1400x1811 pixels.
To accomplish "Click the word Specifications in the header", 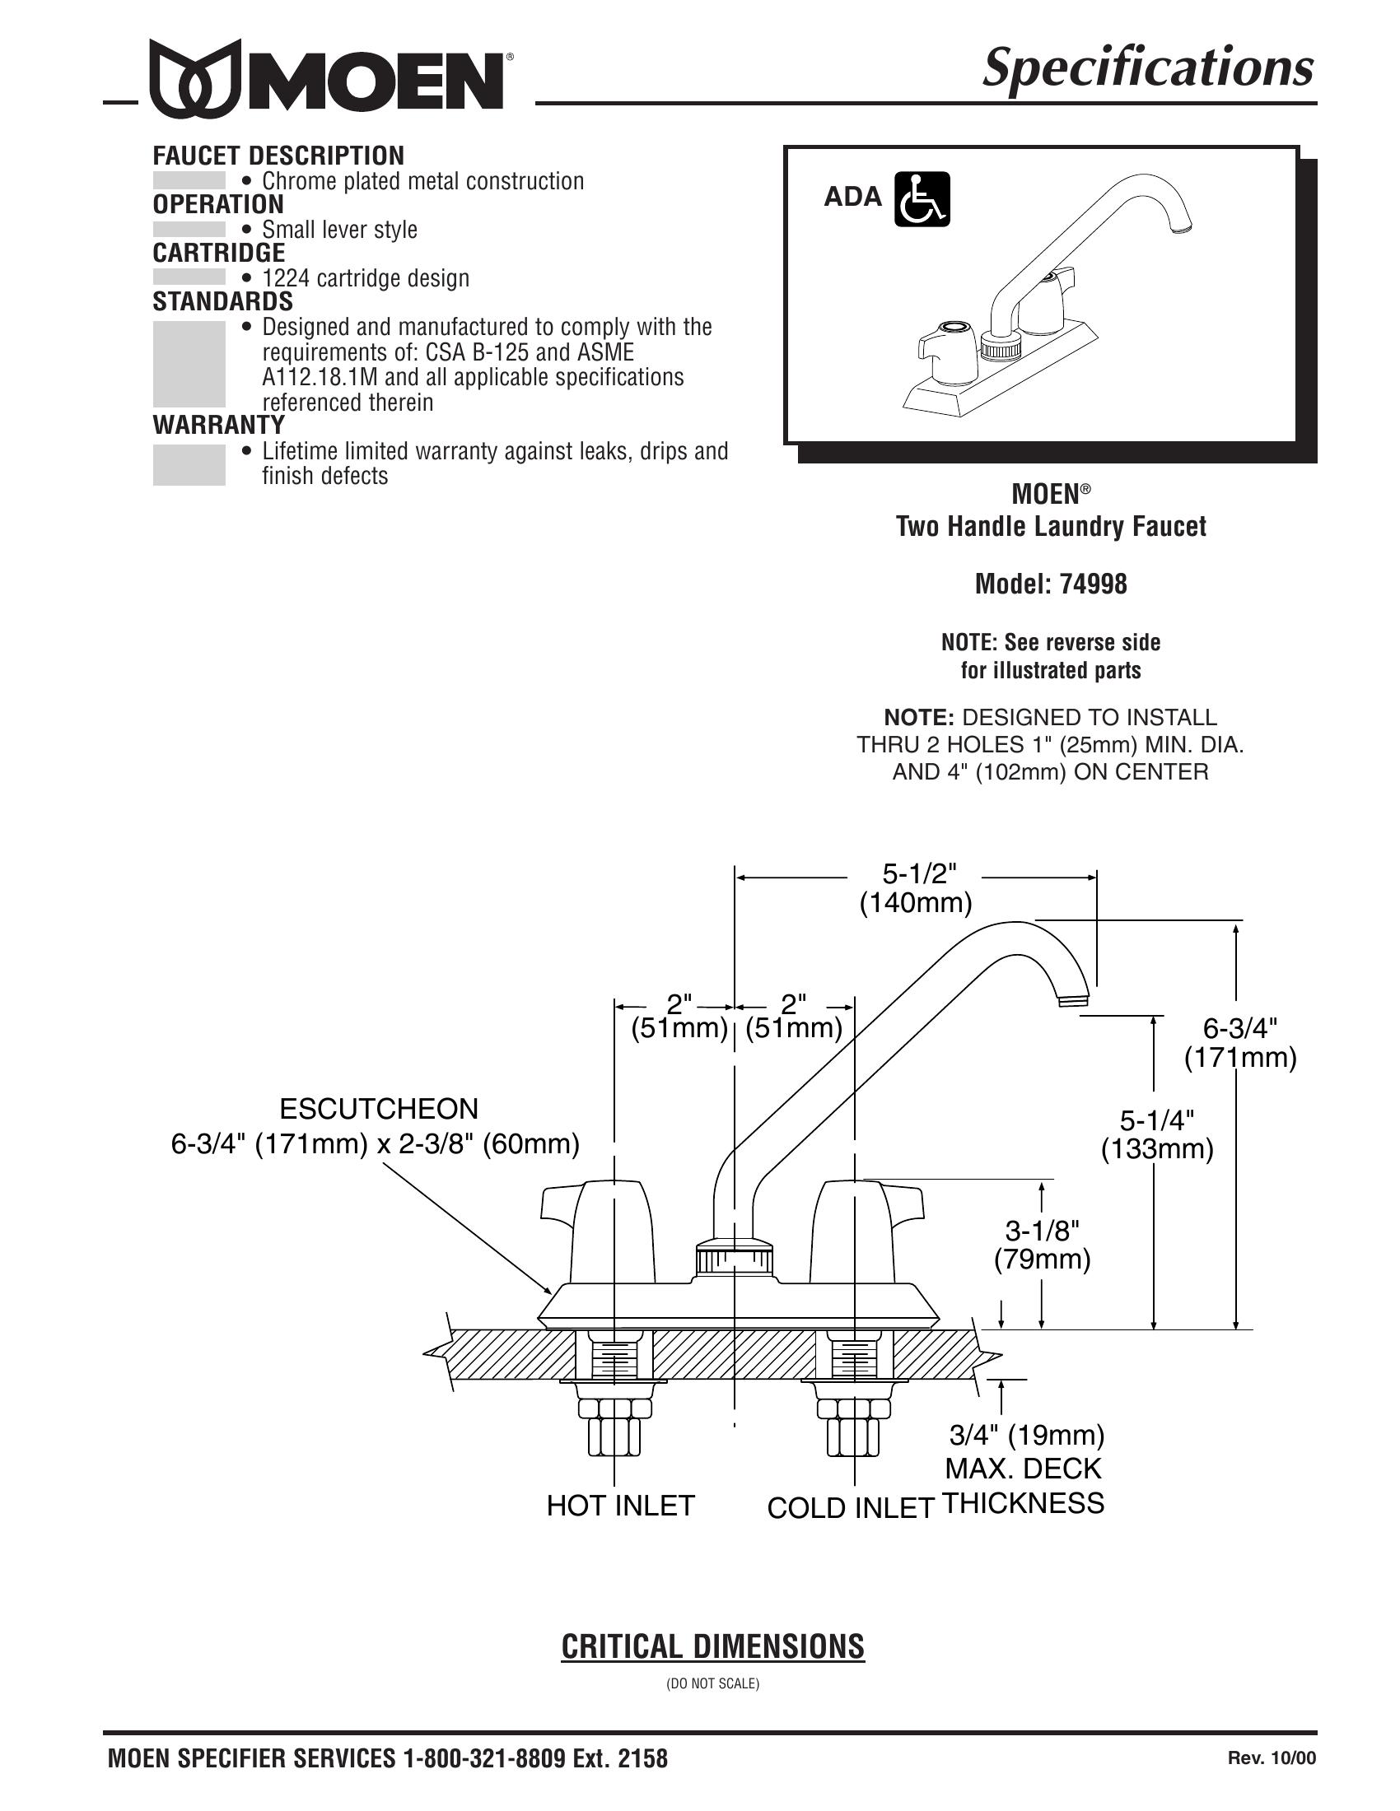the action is coord(1148,68).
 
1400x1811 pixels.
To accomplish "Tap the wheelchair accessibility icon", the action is coord(922,199).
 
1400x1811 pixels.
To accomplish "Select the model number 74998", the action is coord(1092,584).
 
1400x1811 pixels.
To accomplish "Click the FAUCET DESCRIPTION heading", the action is coord(278,155).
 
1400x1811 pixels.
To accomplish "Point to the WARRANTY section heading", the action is coord(219,425).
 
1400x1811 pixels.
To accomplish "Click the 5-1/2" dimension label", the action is coord(919,873).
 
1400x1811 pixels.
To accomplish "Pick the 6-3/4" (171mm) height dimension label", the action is coord(1240,1042).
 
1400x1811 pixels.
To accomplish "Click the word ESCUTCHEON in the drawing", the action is coord(379,1109).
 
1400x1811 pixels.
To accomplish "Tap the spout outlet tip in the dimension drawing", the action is coord(1074,1000).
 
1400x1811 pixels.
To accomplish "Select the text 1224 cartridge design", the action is coord(366,277).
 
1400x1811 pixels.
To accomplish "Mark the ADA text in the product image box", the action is coord(852,197).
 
